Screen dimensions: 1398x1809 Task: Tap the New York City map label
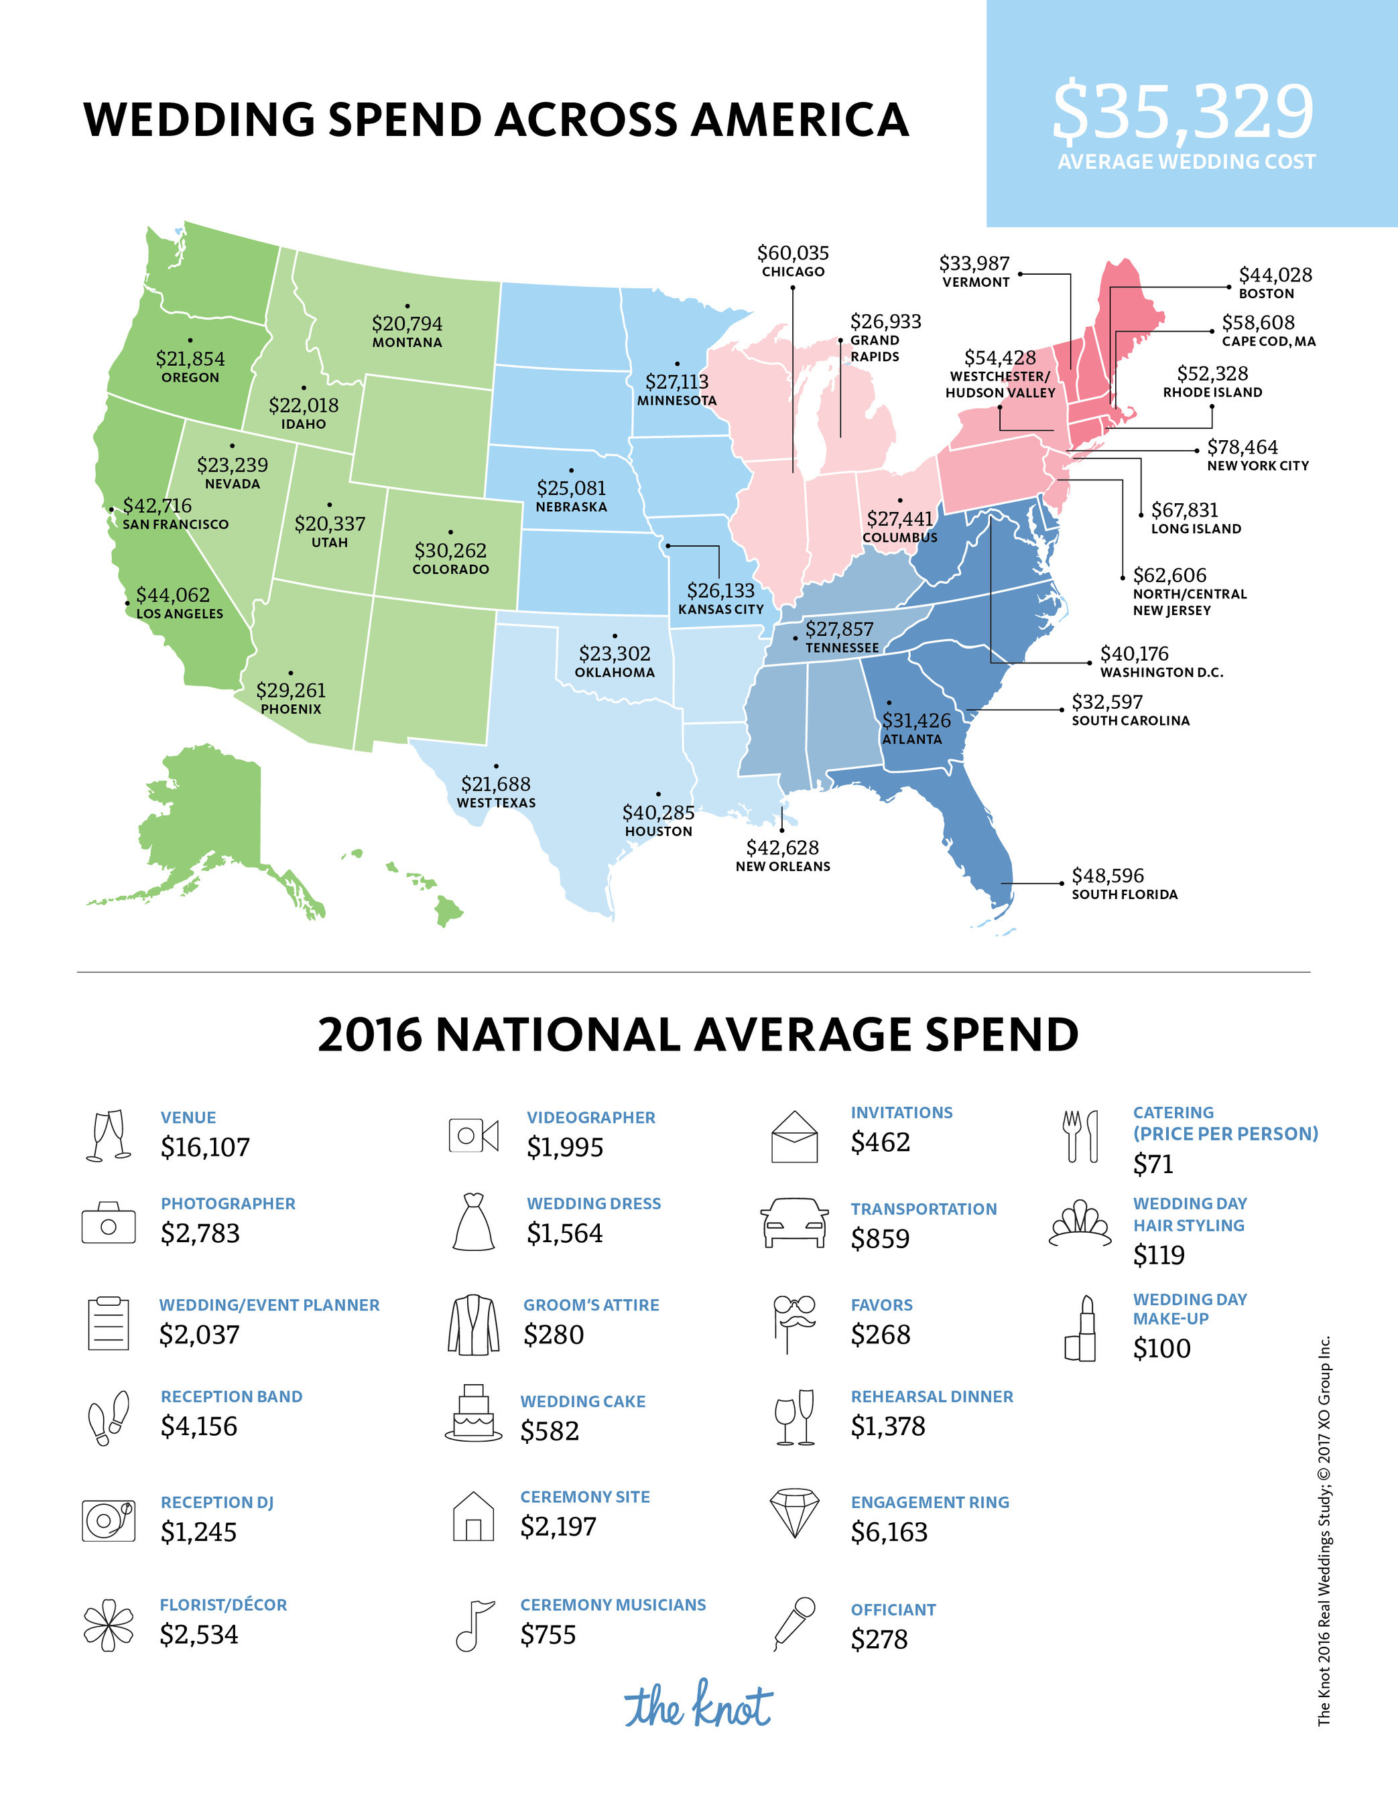1257,466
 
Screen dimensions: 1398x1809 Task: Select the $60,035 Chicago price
793,253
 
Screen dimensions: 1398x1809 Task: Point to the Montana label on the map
407,342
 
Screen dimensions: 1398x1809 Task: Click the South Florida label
1124,894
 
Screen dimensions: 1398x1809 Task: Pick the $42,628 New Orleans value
782,848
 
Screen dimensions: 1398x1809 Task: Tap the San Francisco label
175,525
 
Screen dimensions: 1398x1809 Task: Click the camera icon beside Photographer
108,1223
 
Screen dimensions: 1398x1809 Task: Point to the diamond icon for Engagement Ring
795,1512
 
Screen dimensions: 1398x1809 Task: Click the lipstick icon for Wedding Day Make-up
1080,1328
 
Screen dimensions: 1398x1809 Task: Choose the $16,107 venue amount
204,1147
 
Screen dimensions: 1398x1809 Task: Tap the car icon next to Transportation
795,1221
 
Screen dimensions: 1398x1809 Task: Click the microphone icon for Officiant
794,1624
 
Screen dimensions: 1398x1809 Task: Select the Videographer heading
591,1118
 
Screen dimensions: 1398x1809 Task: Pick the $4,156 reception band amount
199,1426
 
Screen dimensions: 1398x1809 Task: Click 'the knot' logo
698,1705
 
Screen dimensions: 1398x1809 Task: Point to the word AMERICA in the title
800,119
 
